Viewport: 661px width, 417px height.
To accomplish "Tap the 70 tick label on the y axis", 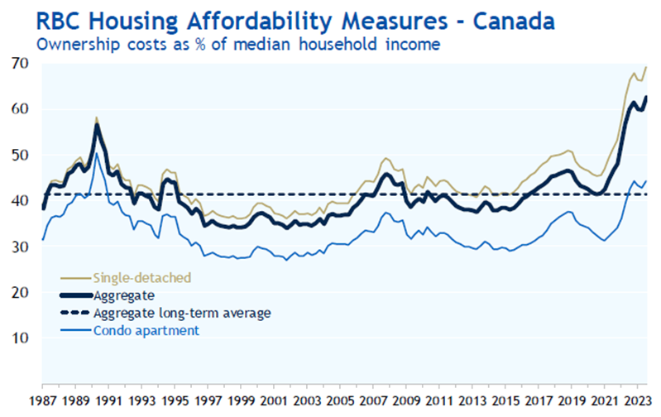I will pos(21,64).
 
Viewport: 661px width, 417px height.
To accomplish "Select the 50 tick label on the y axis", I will pos(21,155).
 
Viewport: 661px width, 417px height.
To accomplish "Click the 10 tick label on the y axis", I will pos(21,338).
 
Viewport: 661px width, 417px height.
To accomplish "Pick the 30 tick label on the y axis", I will pos(21,247).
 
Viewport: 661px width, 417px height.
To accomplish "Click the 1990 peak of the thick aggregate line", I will pos(97,125).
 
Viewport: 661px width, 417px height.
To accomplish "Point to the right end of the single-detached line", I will pos(646,67).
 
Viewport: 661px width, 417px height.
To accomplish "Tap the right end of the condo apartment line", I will pos(646,180).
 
